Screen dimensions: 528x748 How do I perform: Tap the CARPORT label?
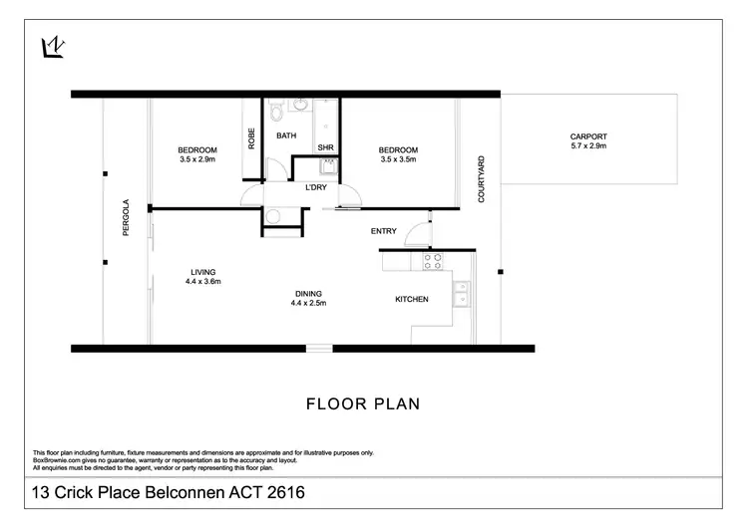pyautogui.click(x=587, y=136)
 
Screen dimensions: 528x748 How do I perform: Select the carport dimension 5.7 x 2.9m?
pyautogui.click(x=587, y=146)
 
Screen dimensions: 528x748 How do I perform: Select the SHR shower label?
pyautogui.click(x=325, y=147)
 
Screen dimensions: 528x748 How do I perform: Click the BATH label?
pyautogui.click(x=286, y=136)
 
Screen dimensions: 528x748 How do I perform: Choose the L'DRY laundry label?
pyautogui.click(x=303, y=187)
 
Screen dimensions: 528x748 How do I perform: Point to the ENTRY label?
pyautogui.click(x=384, y=231)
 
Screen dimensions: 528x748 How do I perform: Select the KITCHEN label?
pyautogui.click(x=412, y=299)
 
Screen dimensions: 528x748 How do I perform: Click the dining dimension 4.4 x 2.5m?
pyautogui.click(x=308, y=303)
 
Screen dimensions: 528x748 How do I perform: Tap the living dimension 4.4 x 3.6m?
pyautogui.click(x=202, y=282)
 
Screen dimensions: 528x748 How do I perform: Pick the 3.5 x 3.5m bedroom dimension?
pyautogui.click(x=397, y=159)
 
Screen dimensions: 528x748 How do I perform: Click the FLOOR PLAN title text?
pyautogui.click(x=362, y=404)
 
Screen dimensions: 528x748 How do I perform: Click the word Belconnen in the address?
pyautogui.click(x=170, y=492)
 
